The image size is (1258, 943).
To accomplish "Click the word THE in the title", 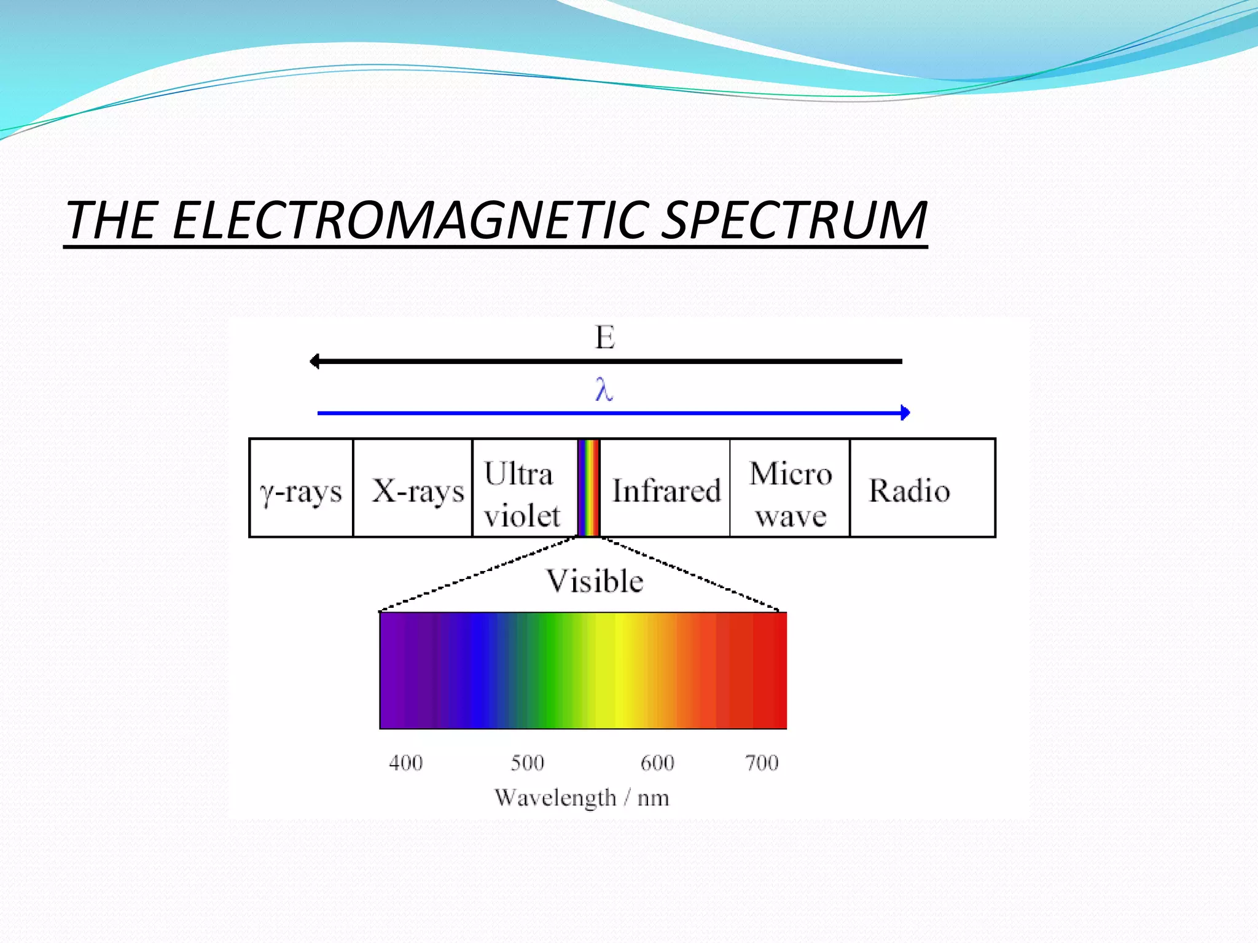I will pos(111,221).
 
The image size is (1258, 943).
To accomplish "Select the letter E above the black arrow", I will pos(605,338).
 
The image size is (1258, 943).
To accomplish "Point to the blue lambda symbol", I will pos(604,390).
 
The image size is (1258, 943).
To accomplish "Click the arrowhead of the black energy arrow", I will pos(315,362).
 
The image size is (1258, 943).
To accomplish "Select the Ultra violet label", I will pos(522,494).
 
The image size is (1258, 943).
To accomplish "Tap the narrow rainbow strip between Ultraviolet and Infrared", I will pos(588,488).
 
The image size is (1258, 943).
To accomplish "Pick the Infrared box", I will pos(666,491).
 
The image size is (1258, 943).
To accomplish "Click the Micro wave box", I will pos(791,494).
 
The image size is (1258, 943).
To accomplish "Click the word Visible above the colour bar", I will pos(595,581).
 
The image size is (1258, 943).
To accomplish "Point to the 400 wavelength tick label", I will pos(405,763).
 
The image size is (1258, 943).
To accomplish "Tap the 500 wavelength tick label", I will pos(527,763).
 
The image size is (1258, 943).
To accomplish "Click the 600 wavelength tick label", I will pos(657,763).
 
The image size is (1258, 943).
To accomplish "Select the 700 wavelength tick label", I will pos(762,763).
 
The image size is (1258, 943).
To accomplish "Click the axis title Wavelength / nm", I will pos(581,798).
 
